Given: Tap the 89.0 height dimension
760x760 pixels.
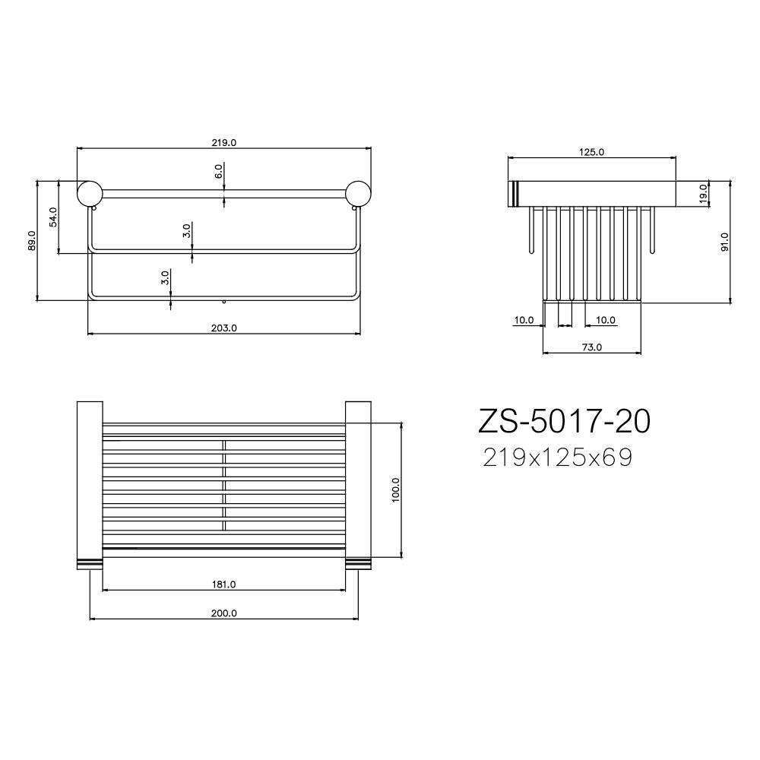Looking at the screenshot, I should click(x=32, y=240).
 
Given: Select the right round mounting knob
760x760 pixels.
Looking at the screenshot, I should click(x=358, y=193).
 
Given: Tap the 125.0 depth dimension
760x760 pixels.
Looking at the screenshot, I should click(x=591, y=152).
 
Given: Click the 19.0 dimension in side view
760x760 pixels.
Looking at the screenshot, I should click(x=703, y=193).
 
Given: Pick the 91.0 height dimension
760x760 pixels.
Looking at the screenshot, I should click(x=725, y=242).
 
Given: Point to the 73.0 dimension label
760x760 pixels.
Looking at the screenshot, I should click(x=591, y=347).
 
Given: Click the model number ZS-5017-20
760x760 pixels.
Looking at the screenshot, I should click(x=564, y=421).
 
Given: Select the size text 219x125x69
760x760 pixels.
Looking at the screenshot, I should click(x=557, y=458).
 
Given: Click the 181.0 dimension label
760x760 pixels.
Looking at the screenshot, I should click(x=224, y=584).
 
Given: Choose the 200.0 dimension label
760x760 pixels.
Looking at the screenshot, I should click(x=224, y=613).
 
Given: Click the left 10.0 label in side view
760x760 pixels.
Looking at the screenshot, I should click(x=524, y=320).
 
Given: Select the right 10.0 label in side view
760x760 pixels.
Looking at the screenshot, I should click(x=605, y=320).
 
